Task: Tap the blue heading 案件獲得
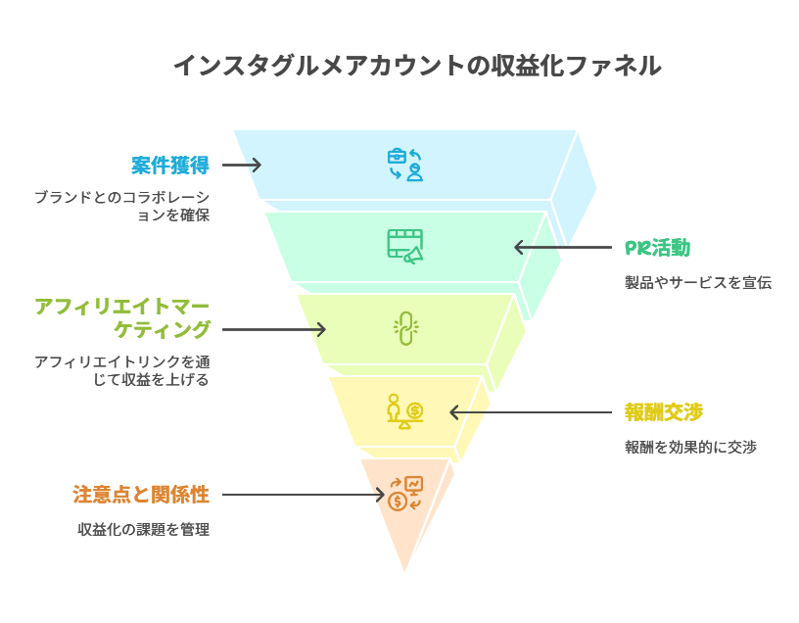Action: pyautogui.click(x=170, y=165)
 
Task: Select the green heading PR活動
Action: pyautogui.click(x=657, y=248)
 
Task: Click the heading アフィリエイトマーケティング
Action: pyautogui.click(x=121, y=317)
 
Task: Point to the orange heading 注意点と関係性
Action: pyautogui.click(x=141, y=495)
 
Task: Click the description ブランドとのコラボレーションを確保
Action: pyautogui.click(x=121, y=206)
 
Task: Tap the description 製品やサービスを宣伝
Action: pyautogui.click(x=698, y=283)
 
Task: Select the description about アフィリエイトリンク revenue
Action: pyautogui.click(x=121, y=370)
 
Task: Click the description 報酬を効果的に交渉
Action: pyautogui.click(x=690, y=447)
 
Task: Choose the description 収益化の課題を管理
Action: pyautogui.click(x=144, y=530)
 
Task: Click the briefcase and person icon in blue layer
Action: pyautogui.click(x=404, y=165)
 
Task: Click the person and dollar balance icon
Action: pyautogui.click(x=403, y=411)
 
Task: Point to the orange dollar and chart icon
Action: pyautogui.click(x=404, y=494)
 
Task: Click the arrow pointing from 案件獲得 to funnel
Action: pyautogui.click(x=242, y=165)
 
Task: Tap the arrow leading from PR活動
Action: pyautogui.click(x=562, y=247)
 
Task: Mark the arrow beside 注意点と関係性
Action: pyautogui.click(x=304, y=495)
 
